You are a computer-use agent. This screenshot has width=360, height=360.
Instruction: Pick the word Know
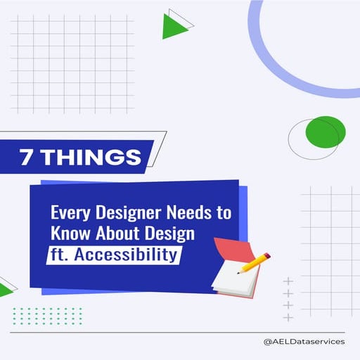click(69, 233)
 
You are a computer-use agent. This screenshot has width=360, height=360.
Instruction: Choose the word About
click(112, 233)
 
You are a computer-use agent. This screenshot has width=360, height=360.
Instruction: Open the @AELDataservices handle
click(303, 342)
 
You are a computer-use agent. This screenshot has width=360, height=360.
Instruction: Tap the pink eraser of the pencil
click(267, 259)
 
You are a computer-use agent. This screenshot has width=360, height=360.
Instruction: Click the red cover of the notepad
click(226, 250)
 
